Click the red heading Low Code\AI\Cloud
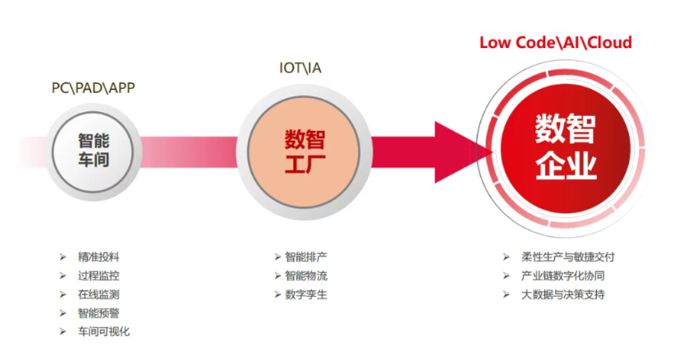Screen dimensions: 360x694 tap(556, 43)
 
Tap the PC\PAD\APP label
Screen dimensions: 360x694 tap(93, 88)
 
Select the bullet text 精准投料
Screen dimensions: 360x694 tap(100, 257)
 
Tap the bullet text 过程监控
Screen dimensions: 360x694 tap(100, 275)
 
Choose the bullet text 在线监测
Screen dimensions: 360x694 tap(100, 294)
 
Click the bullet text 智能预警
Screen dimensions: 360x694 tap(100, 313)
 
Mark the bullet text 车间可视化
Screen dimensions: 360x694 tap(105, 331)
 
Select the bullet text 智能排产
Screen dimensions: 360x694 tap(306, 257)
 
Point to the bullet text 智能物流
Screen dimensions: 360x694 tap(306, 275)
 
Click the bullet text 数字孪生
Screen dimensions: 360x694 tap(306, 294)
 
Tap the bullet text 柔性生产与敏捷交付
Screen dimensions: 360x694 tap(568, 257)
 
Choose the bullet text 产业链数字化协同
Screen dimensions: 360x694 tap(563, 275)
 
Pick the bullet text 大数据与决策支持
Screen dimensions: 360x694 tap(563, 294)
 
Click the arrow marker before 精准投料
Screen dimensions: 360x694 tap(62, 257)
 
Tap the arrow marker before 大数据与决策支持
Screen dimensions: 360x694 tap(505, 294)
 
